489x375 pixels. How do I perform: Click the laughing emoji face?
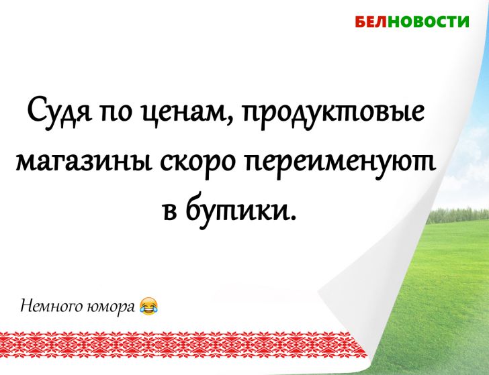click(x=149, y=307)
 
